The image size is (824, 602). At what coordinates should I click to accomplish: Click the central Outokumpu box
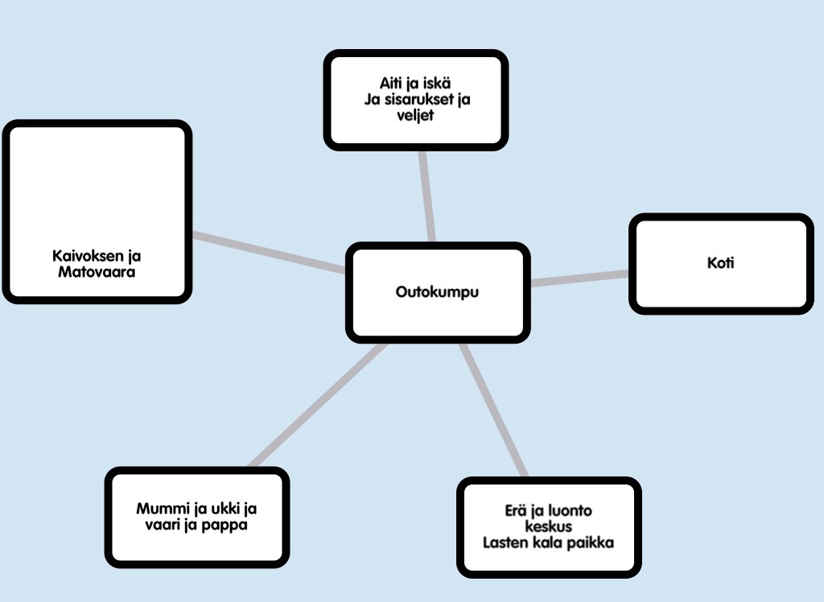coord(438,292)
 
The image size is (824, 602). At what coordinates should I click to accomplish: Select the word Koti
coord(722,262)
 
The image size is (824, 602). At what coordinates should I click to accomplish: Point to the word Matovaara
coord(97,272)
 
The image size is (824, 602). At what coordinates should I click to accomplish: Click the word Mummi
coord(160,509)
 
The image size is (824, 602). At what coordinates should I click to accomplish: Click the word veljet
coord(415,116)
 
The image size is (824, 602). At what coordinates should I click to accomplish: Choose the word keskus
coord(548,526)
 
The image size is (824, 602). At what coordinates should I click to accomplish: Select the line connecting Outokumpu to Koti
coord(579,278)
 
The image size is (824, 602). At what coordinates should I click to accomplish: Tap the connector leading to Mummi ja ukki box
coord(318,405)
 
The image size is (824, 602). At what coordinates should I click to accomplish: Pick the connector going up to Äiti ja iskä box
coord(426,195)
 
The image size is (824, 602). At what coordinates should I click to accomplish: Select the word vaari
coord(156,525)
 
